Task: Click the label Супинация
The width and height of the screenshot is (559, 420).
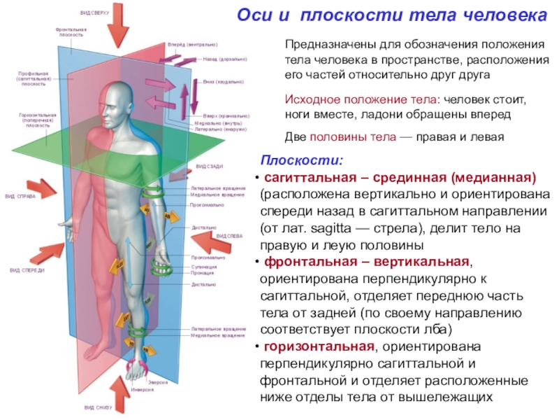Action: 204,267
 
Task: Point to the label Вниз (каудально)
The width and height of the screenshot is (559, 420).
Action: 223,82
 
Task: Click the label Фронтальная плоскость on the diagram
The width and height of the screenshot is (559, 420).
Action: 71,32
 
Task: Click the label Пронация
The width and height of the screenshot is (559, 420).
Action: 203,273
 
